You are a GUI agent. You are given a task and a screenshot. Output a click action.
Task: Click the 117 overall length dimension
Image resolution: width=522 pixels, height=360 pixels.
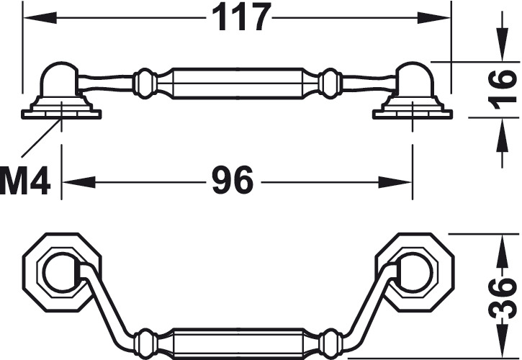[240, 18]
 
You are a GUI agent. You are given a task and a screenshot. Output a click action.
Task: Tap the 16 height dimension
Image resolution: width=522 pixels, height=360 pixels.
[504, 89]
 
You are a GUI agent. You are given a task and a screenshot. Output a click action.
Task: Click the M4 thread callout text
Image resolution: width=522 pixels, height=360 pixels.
[25, 182]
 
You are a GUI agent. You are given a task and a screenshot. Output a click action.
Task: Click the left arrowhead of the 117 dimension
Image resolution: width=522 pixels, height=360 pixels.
[39, 18]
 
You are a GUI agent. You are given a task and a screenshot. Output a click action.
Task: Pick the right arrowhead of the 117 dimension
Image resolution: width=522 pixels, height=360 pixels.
[434, 18]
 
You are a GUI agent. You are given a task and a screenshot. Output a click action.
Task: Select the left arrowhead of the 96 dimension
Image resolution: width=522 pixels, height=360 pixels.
[79, 182]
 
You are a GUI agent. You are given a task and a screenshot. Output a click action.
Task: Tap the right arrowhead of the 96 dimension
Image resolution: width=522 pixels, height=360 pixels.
[395, 182]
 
